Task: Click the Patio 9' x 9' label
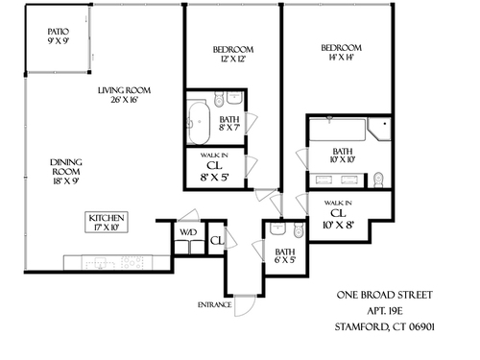tap(59, 36)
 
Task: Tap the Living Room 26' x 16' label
tap(124, 95)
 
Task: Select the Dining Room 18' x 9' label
tap(66, 172)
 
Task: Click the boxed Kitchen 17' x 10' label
tap(107, 222)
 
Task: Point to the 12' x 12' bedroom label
tap(233, 55)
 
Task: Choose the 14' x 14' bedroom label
tap(341, 53)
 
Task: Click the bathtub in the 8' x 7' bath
tap(199, 122)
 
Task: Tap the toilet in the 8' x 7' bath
tap(219, 99)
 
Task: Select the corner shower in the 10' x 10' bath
tap(379, 130)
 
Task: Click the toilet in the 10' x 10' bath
tap(378, 180)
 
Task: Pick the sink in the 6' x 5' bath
tap(277, 229)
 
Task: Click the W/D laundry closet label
tap(188, 232)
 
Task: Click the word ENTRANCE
tap(214, 305)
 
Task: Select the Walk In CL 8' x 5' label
tap(214, 168)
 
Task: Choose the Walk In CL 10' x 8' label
tap(338, 215)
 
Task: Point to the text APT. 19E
tap(384, 311)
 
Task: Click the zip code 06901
tap(420, 327)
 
